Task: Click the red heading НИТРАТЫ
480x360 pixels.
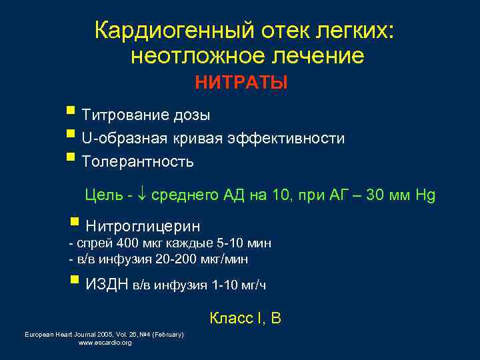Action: (x=241, y=83)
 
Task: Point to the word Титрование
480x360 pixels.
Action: (x=118, y=115)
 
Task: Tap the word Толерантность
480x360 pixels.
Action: (x=137, y=161)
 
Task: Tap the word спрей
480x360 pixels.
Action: (x=88, y=243)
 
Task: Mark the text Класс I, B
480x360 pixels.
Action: (x=245, y=319)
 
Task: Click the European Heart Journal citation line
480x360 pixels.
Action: (x=104, y=334)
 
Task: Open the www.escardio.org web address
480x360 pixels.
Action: (x=105, y=343)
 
